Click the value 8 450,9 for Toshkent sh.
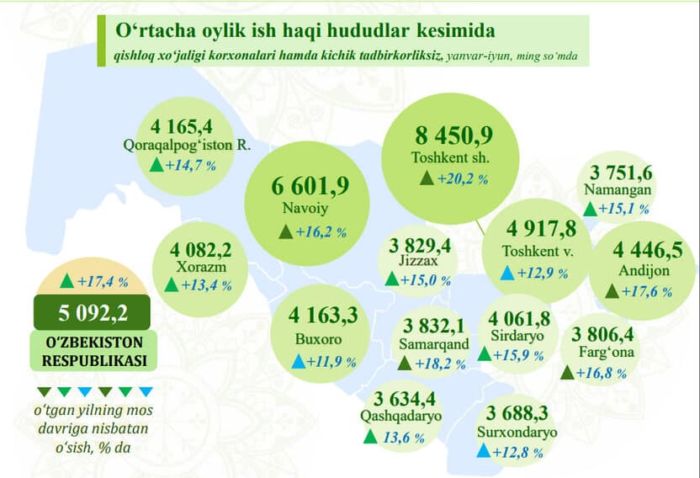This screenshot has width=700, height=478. tap(453, 135)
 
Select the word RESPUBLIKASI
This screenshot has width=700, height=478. tap(93, 360)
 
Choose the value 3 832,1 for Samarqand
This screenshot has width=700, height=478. tap(434, 325)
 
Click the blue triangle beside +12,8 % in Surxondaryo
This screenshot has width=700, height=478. tap(484, 450)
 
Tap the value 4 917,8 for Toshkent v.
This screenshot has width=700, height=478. tap(541, 230)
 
